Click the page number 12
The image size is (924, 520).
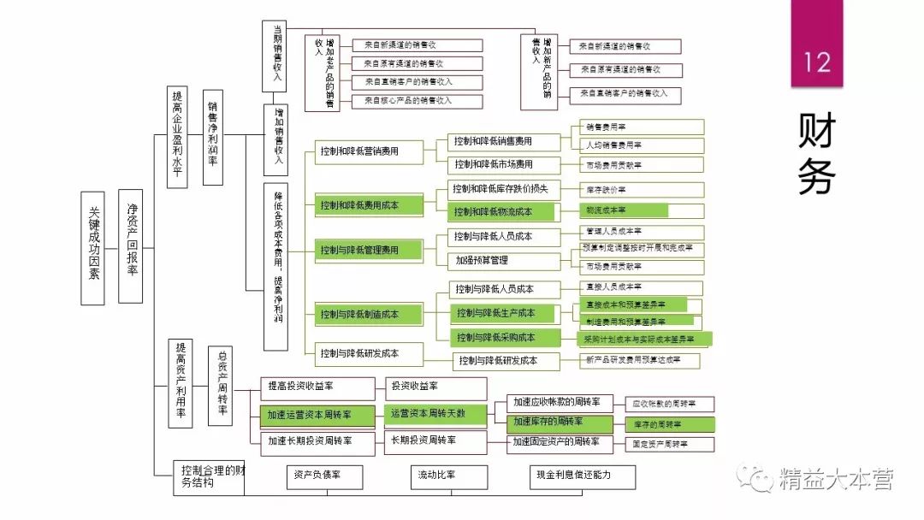(x=816, y=62)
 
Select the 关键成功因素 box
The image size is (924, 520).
(x=93, y=247)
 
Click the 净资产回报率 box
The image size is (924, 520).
(x=131, y=246)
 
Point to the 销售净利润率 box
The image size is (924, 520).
(x=213, y=136)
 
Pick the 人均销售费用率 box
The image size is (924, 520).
(x=642, y=145)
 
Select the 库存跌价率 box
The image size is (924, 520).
(x=642, y=190)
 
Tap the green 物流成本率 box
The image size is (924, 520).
(x=623, y=210)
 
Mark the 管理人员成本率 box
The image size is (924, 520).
(x=642, y=232)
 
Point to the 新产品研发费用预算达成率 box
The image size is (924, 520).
(x=642, y=361)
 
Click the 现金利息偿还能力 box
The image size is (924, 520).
(x=582, y=476)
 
